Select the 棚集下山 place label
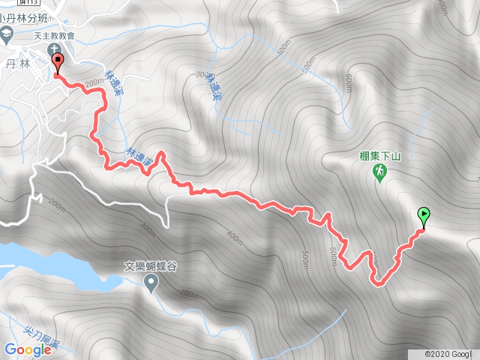click(x=381, y=156)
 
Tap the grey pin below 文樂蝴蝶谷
click(x=151, y=283)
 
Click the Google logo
click(x=27, y=349)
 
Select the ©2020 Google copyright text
click(x=450, y=354)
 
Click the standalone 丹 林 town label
click(x=16, y=64)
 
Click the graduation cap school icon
click(x=6, y=35)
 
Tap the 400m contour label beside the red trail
click(x=235, y=238)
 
